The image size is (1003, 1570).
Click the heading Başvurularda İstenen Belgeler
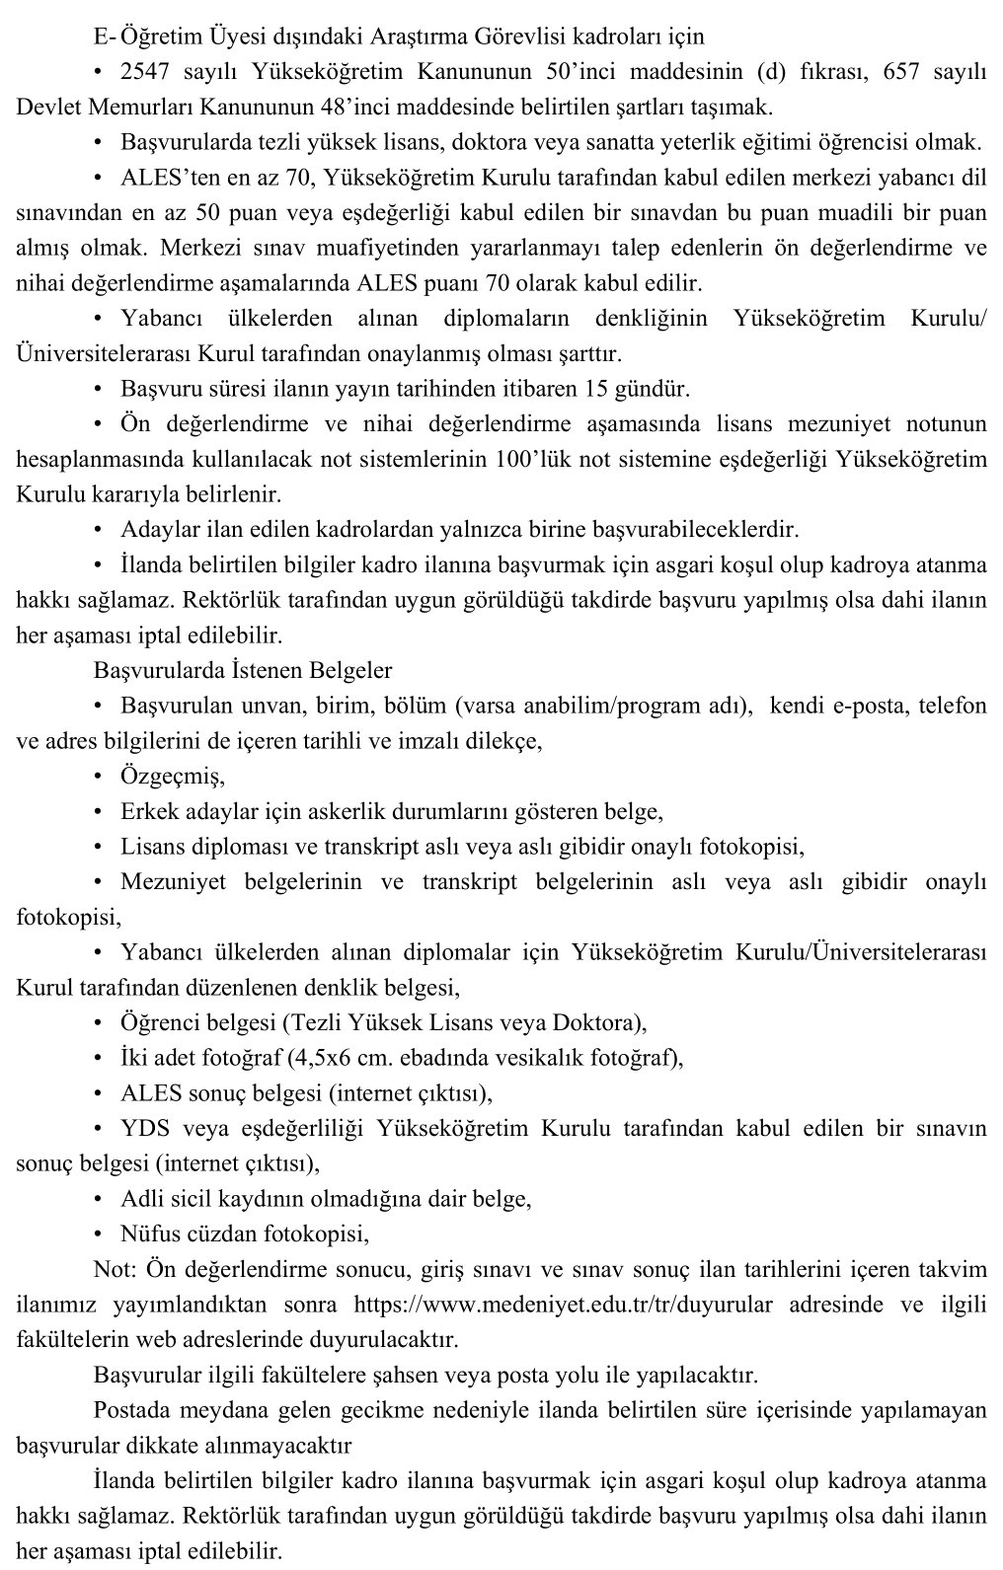(243, 670)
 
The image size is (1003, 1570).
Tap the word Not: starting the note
(116, 1268)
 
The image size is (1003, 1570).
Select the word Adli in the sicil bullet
(139, 1199)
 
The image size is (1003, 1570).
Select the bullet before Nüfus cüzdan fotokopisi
(99, 1234)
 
